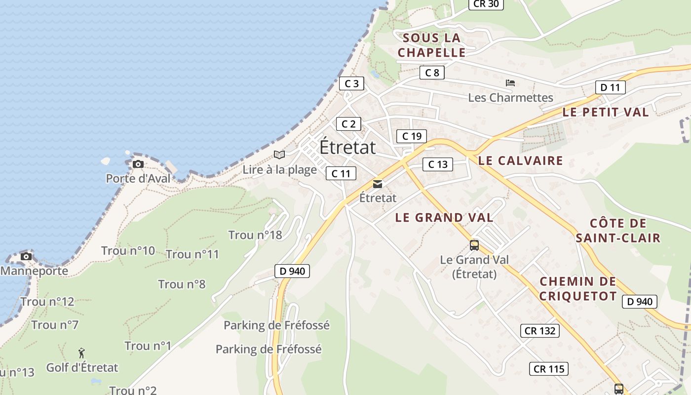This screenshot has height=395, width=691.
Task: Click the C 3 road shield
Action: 351,83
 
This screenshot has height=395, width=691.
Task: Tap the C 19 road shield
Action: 411,136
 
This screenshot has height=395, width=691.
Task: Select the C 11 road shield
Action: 341,173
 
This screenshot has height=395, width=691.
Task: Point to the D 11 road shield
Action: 610,88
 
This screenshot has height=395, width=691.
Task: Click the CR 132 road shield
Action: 539,331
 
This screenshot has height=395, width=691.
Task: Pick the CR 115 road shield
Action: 549,369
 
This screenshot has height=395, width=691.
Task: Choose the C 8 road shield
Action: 432,73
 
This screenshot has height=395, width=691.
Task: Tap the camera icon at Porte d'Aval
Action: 138,164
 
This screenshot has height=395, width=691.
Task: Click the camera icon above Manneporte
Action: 26,257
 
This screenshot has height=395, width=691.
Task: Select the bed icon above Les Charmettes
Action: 510,83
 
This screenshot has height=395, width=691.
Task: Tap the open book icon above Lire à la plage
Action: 279,155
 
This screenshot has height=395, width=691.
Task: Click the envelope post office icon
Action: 378,184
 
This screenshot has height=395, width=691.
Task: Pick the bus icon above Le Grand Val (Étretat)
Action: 474,245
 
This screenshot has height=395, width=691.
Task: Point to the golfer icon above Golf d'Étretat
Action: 82,353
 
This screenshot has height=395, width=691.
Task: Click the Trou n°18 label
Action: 255,235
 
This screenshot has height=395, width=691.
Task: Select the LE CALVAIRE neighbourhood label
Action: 521,160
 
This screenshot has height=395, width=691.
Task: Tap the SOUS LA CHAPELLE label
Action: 431,45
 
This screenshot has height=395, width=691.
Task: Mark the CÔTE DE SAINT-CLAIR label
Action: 618,231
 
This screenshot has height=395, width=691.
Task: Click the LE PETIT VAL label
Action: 606,112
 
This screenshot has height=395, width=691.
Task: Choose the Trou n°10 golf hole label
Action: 128,251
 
